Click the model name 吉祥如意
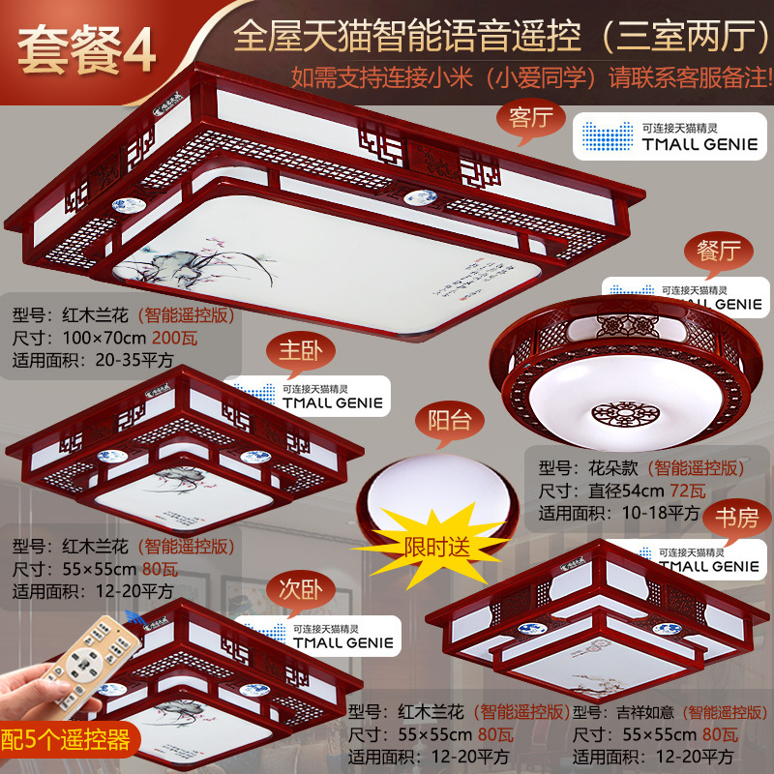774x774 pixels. (x=646, y=713)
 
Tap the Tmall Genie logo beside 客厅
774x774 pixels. (x=643, y=136)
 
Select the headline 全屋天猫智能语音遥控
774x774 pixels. (x=406, y=38)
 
